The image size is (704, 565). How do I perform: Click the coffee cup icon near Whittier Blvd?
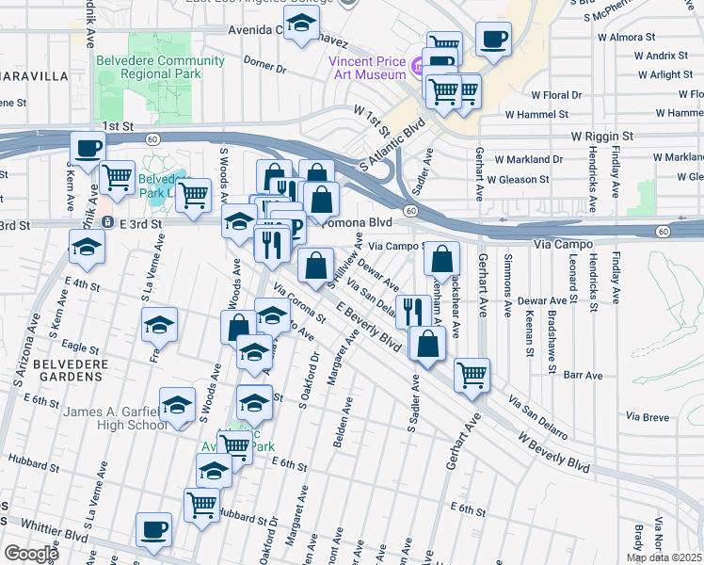click(153, 529)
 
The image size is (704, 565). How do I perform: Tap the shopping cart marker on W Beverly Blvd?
click(472, 374)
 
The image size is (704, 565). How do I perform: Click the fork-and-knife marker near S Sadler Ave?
click(413, 310)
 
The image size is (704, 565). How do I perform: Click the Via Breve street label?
click(647, 416)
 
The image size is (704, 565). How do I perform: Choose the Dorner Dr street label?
click(264, 67)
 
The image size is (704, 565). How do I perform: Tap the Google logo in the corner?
click(31, 554)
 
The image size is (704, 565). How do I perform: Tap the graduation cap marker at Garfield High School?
click(176, 405)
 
